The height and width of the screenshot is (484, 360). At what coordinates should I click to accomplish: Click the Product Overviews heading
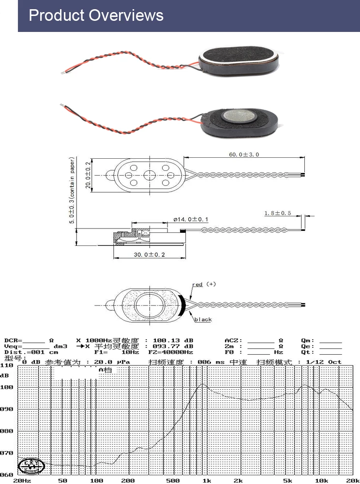[x=96, y=15]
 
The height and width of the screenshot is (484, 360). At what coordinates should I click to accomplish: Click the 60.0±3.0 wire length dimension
[x=244, y=154]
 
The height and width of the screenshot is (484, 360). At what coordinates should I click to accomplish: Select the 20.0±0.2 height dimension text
[x=89, y=175]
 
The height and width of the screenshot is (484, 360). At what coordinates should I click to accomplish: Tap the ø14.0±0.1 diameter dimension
[x=191, y=220]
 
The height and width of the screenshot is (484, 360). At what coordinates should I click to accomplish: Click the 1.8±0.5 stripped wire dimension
[x=278, y=213]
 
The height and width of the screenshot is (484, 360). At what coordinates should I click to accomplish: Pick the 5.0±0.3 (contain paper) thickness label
[x=72, y=190]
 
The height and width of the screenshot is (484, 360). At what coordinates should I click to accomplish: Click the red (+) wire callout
[x=203, y=285]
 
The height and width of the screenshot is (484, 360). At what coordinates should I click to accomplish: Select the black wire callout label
[x=203, y=320]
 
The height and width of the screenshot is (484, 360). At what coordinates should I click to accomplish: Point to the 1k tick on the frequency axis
[x=207, y=481]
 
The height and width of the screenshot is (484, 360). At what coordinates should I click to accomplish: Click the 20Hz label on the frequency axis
[x=22, y=481]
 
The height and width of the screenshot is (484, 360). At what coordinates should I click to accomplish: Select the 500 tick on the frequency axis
[x=173, y=481]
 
